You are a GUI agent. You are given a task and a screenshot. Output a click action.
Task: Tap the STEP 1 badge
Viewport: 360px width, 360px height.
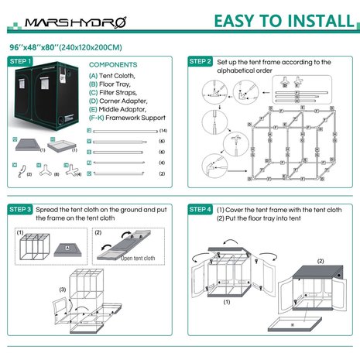[x=20, y=60]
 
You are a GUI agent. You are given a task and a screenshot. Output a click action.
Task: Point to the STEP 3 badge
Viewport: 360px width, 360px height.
[x=20, y=210]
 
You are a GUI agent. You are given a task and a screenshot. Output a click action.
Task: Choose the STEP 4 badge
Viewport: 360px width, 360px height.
[x=200, y=210]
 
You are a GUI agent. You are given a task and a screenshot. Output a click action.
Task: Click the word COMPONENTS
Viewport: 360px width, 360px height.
[x=113, y=65]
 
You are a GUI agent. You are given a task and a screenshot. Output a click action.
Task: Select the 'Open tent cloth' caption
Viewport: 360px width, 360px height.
[x=138, y=259]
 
